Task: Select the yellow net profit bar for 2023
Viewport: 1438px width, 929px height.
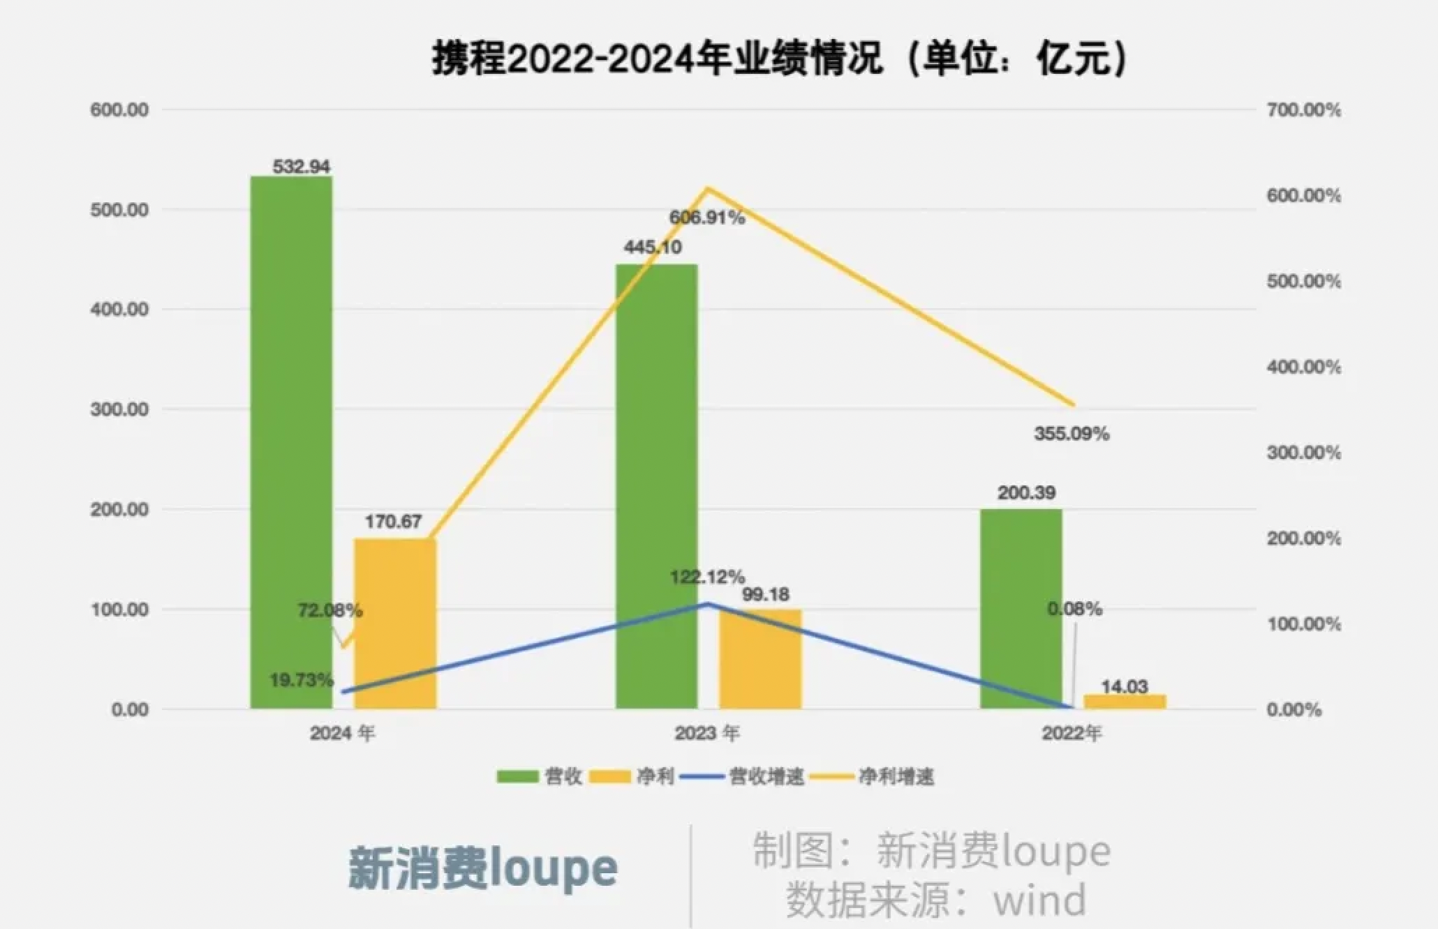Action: coord(760,659)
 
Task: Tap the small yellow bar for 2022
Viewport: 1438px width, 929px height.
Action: coord(1125,702)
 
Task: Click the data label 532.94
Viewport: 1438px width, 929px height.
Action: coord(301,167)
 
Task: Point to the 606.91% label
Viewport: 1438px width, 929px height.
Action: coord(706,218)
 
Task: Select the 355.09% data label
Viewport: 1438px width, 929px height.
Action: coord(1071,434)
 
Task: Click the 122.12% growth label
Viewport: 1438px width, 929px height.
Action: coord(706,577)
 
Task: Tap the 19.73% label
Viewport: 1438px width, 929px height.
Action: coord(302,680)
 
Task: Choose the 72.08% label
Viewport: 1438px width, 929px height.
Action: coord(329,611)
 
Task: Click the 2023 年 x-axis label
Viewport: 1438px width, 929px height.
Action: coord(706,733)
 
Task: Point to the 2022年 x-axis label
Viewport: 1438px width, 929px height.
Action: coord(1072,733)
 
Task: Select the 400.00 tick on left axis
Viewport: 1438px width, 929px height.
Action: coord(119,310)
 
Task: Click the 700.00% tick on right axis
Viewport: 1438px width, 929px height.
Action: coord(1303,110)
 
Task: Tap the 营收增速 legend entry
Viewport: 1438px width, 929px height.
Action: coord(766,776)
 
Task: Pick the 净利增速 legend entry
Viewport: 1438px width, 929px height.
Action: coord(896,776)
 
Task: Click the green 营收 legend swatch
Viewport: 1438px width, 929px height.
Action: coord(517,776)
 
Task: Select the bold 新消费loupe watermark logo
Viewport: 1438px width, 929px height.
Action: coord(482,868)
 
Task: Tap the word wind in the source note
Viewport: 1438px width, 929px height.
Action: coord(1040,900)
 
